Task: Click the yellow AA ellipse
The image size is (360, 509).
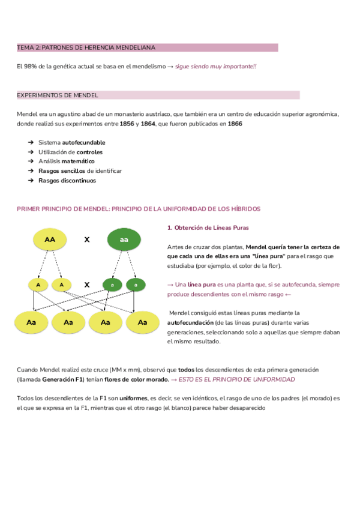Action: tap(50, 239)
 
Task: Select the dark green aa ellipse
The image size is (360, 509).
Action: tap(124, 239)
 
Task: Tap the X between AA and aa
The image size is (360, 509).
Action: tap(87, 239)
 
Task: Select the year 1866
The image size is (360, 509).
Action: tap(235, 124)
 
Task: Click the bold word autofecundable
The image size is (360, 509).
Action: tap(84, 143)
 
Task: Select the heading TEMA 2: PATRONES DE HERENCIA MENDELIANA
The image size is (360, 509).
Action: tap(86, 47)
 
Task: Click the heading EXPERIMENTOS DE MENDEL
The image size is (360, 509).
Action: tap(58, 95)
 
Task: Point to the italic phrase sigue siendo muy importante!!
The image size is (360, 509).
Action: tap(215, 66)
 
